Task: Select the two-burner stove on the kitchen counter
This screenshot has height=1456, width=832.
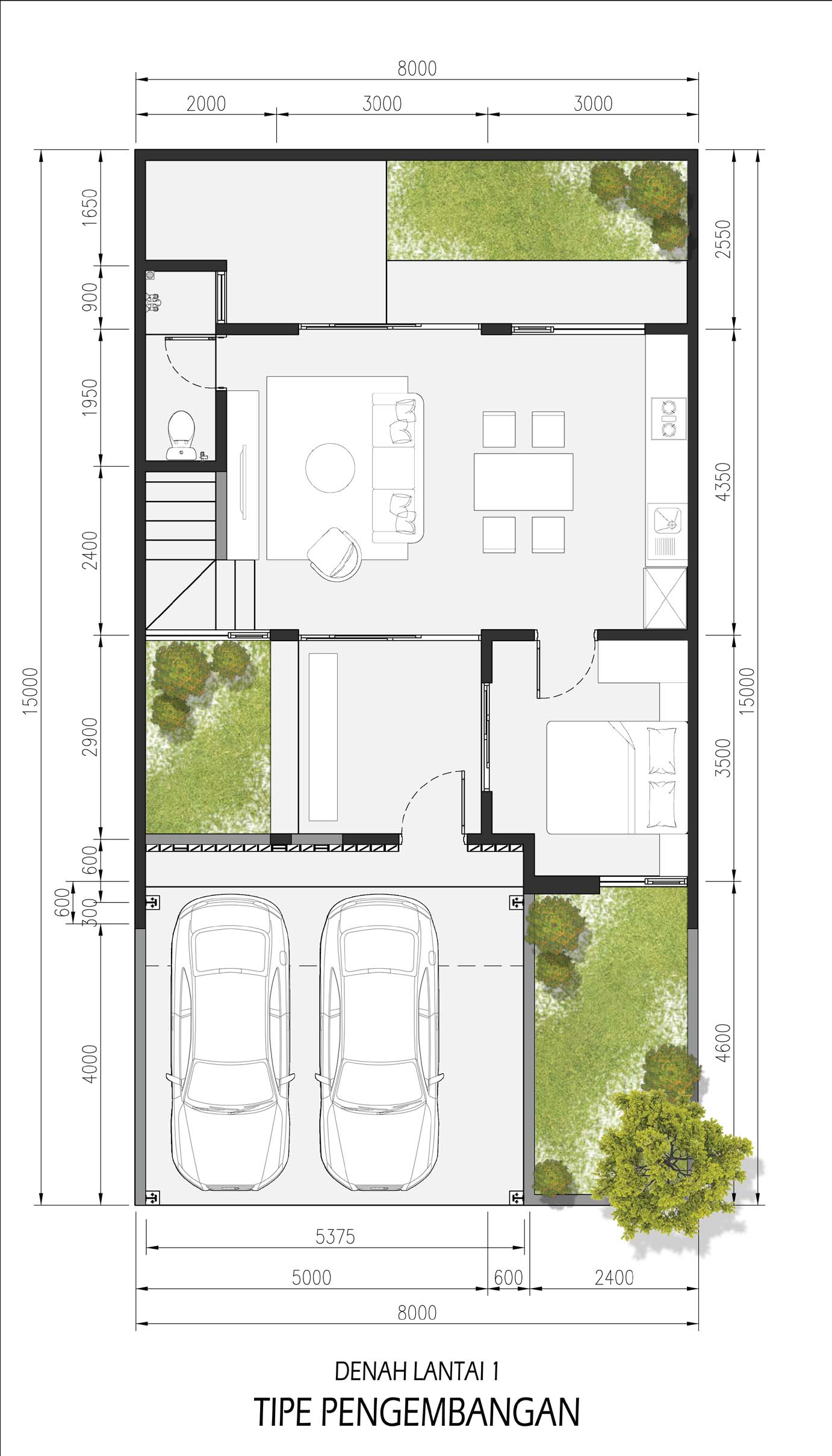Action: pyautogui.click(x=668, y=417)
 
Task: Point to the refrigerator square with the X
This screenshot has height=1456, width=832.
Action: pyautogui.click(x=665, y=598)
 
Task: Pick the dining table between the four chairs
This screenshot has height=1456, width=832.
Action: pyautogui.click(x=523, y=482)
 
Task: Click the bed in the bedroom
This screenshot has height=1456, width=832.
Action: pyautogui.click(x=616, y=777)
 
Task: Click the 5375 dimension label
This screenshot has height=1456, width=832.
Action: pyautogui.click(x=335, y=1237)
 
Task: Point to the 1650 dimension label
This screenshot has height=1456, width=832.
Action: pyautogui.click(x=90, y=207)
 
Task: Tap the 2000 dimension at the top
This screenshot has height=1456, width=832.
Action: pyautogui.click(x=206, y=104)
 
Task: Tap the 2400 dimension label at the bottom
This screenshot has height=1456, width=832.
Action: pyautogui.click(x=614, y=1278)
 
